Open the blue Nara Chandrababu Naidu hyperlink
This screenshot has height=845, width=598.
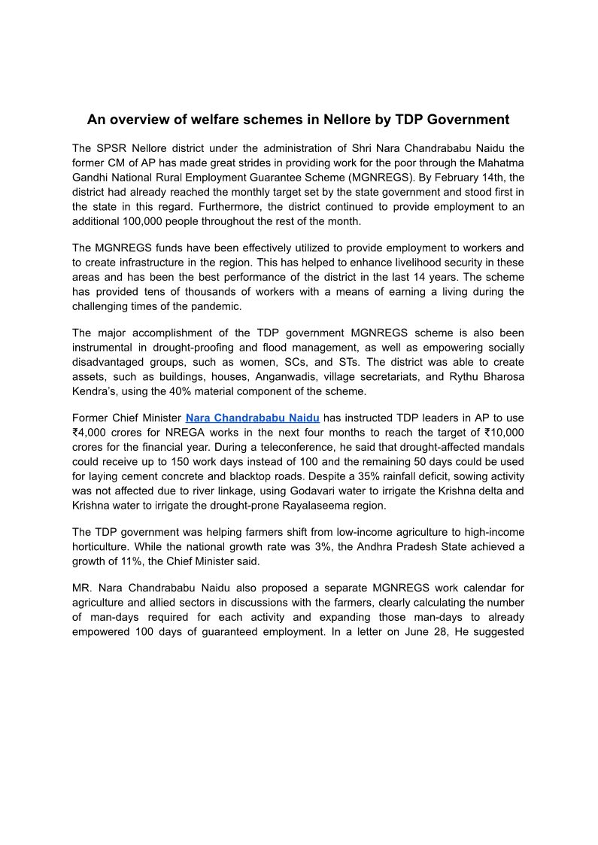[x=253, y=418]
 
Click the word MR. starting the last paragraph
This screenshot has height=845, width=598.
[x=83, y=588]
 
